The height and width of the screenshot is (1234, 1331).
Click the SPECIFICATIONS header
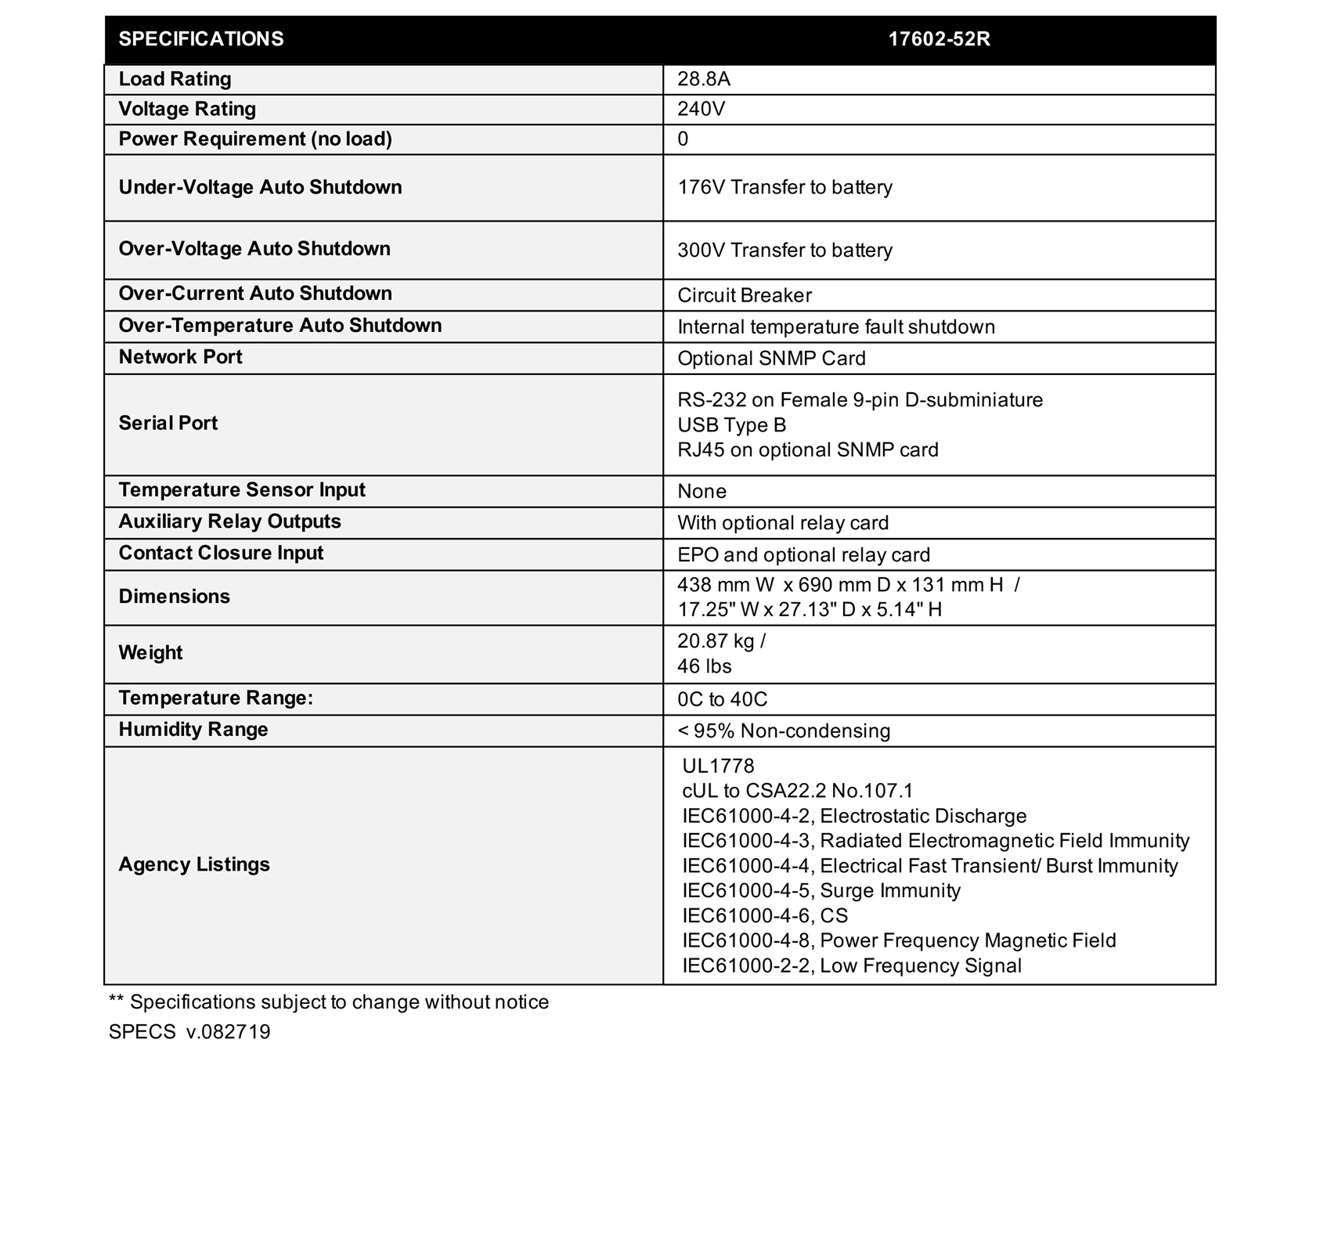(x=201, y=39)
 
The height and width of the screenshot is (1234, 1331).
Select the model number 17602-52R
(x=939, y=39)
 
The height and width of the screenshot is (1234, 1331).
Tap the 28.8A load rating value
(x=704, y=79)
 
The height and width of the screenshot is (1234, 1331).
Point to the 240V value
(x=701, y=109)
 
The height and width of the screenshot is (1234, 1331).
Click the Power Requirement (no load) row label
(x=255, y=139)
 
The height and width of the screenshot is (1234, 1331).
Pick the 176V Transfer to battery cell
(x=785, y=187)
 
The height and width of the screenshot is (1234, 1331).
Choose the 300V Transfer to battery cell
(x=785, y=250)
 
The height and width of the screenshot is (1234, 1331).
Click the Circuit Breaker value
(x=744, y=295)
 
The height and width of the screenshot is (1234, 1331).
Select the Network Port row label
(x=180, y=357)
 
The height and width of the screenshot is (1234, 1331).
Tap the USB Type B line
(x=731, y=425)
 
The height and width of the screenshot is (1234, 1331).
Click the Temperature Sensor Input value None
(x=702, y=491)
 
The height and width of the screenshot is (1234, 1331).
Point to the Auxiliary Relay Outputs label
(x=229, y=521)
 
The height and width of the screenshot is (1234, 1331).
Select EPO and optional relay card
(x=803, y=554)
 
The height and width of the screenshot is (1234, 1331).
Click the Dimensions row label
(x=174, y=597)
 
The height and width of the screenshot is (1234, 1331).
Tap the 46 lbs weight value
(x=704, y=666)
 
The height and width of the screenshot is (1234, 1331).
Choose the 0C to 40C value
(x=722, y=699)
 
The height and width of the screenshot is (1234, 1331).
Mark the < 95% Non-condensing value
(x=784, y=731)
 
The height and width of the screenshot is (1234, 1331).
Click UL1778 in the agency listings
(x=718, y=766)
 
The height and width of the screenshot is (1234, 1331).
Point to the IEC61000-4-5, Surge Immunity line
(x=821, y=890)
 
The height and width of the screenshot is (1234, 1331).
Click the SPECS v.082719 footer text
(x=189, y=1032)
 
